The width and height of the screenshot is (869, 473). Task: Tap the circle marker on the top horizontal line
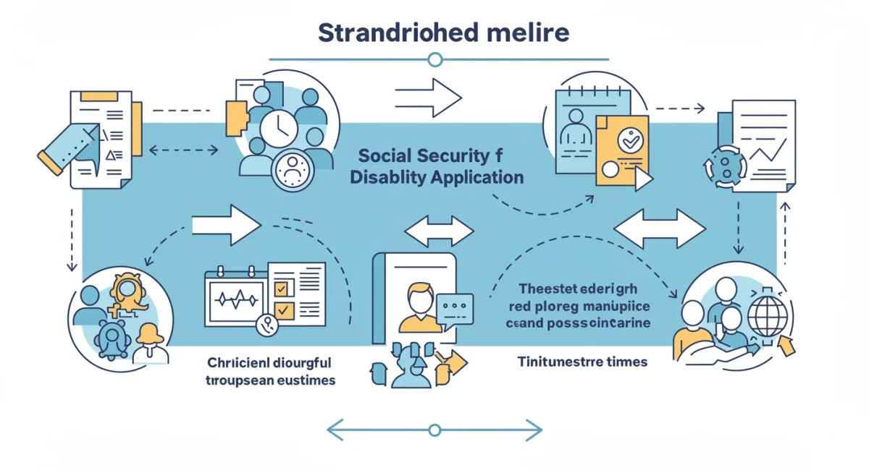(434, 59)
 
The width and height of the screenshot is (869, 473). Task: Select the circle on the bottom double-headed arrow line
(434, 431)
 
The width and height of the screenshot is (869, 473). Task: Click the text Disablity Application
(436, 177)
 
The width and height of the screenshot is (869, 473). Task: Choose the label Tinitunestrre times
(582, 361)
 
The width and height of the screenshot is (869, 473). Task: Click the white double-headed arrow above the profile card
(439, 231)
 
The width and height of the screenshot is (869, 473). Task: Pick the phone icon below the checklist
(267, 325)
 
